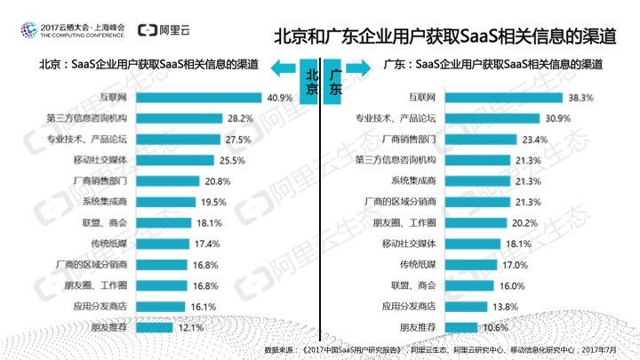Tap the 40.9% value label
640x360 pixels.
click(279, 98)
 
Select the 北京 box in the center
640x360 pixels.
click(309, 83)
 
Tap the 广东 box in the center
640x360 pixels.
click(335, 83)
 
